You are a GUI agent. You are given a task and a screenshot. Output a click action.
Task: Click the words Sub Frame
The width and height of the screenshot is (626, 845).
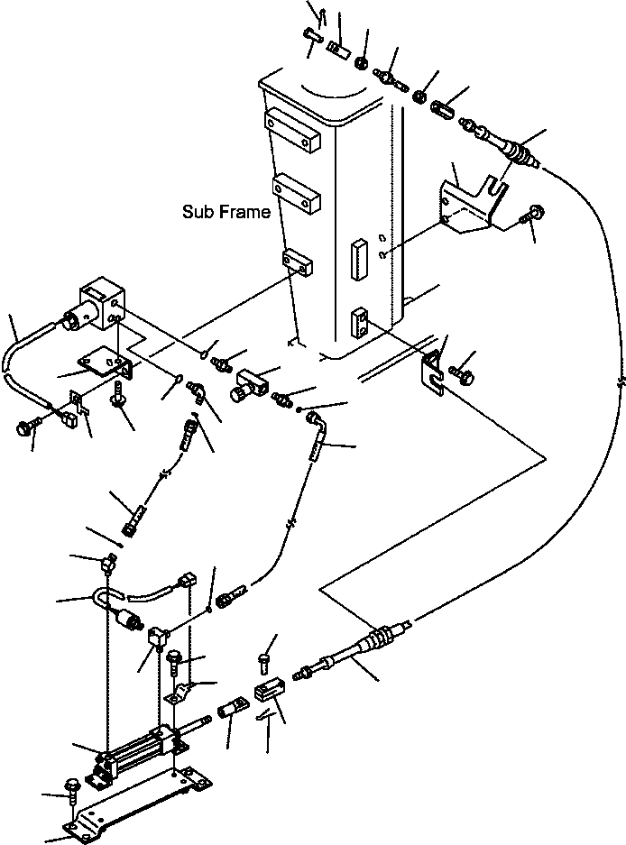point(226,213)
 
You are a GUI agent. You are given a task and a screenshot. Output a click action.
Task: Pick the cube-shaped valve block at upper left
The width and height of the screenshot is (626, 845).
point(101,301)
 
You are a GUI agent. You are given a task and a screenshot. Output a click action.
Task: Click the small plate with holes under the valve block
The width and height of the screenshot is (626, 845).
point(102,363)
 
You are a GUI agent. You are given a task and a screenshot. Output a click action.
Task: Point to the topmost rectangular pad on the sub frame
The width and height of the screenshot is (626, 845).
point(292,125)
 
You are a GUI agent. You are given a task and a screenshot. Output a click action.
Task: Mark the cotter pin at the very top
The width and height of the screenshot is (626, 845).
point(317,12)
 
